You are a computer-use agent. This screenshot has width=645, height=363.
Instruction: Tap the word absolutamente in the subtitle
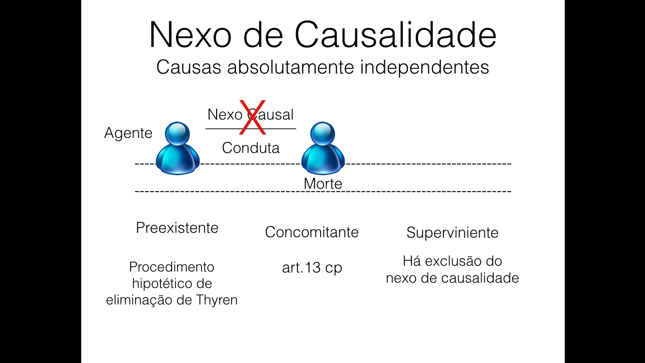[292, 67]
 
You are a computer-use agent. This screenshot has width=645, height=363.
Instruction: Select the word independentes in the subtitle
[425, 67]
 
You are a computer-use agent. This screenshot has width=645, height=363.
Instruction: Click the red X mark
[252, 118]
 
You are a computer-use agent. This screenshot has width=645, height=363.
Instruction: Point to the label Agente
[128, 133]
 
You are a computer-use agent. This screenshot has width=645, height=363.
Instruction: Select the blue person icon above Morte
[322, 148]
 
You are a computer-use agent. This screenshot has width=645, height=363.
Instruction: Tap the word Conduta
[250, 148]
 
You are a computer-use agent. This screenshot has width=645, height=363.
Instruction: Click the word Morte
[322, 184]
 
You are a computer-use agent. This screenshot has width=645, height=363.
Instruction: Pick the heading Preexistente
[177, 227]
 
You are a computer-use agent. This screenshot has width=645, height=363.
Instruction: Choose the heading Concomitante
[312, 232]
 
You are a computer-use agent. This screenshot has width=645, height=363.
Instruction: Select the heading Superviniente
[452, 233]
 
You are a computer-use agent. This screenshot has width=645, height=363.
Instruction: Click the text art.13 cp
[312, 268]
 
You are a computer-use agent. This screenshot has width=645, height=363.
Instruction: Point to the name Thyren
[217, 300]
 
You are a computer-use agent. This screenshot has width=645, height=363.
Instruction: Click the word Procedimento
[172, 267]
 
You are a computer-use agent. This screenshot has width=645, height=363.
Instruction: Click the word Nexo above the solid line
[225, 115]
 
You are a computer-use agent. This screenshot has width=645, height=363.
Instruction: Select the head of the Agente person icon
[177, 133]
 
